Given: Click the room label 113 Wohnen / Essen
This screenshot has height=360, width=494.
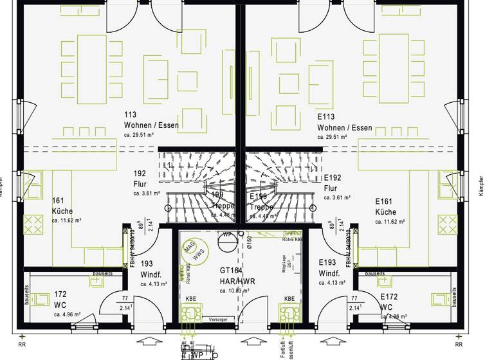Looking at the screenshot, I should pos(151,120).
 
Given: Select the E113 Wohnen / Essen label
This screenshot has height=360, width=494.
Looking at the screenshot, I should pos(344,123).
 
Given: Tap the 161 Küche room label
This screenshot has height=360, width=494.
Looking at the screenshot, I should pos(63,206).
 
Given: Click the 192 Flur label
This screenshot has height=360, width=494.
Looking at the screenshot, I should pos(140,179).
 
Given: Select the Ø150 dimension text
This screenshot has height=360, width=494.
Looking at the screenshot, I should pos(248,242).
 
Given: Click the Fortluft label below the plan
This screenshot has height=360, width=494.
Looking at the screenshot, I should pos(282,349).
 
